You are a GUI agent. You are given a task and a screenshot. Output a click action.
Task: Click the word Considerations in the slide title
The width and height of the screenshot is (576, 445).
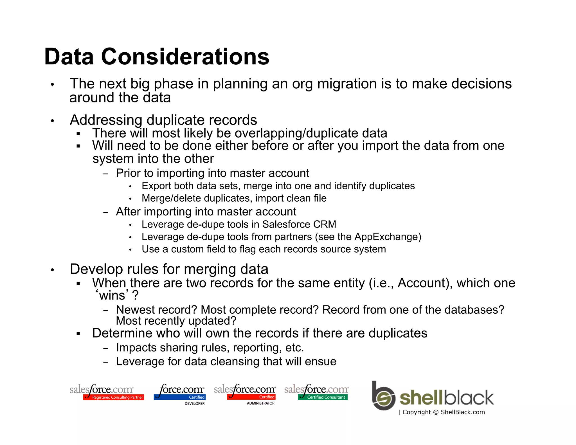pyautogui.click(x=185, y=57)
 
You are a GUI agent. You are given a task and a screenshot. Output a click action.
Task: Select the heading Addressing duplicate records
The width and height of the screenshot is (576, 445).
pyautogui.click(x=163, y=120)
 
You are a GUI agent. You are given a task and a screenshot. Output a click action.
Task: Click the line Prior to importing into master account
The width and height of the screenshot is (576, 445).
pyautogui.click(x=212, y=173)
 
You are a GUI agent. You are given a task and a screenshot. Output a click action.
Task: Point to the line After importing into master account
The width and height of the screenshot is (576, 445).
pyautogui.click(x=206, y=212)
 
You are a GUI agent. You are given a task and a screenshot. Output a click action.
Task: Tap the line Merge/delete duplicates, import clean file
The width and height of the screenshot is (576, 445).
pyautogui.click(x=234, y=198)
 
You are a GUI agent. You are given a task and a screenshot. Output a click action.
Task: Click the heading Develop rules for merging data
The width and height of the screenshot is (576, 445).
pyautogui.click(x=169, y=269)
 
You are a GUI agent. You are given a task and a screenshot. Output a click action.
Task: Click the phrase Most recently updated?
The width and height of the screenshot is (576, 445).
pyautogui.click(x=176, y=321)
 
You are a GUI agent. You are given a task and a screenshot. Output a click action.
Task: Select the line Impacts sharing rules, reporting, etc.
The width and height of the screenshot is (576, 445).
pyautogui.click(x=210, y=348)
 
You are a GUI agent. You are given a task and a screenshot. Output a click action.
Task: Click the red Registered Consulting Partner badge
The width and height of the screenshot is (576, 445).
pyautogui.click(x=114, y=397)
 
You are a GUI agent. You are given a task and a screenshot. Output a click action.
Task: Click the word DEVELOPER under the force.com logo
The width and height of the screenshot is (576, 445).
pyautogui.click(x=194, y=403)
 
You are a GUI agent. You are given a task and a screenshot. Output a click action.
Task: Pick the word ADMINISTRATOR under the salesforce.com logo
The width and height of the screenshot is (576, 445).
pyautogui.click(x=260, y=403)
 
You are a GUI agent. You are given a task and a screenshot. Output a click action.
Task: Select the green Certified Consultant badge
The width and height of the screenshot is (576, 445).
pyautogui.click(x=323, y=397)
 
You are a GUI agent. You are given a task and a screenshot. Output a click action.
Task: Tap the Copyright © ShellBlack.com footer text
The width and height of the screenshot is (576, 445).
pyautogui.click(x=444, y=412)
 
